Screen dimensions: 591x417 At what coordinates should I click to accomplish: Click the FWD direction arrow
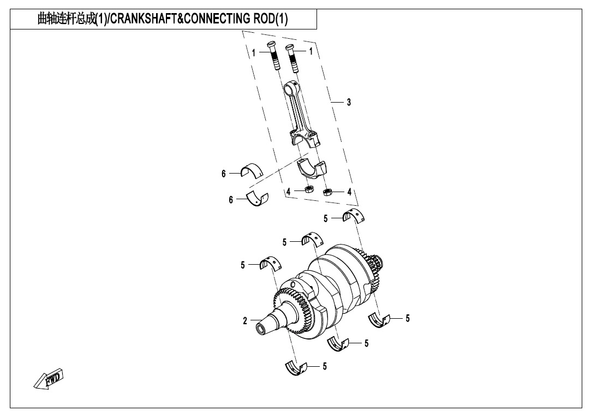click(x=49, y=378)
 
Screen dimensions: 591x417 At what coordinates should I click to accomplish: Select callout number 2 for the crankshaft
click(x=245, y=321)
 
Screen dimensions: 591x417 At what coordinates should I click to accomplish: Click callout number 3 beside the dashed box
click(x=349, y=102)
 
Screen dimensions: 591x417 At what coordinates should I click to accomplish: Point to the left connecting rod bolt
click(x=274, y=56)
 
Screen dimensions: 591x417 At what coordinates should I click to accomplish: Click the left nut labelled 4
click(x=309, y=189)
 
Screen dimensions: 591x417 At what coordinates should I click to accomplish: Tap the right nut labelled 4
click(x=327, y=192)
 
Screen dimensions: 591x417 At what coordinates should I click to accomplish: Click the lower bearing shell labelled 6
click(x=257, y=200)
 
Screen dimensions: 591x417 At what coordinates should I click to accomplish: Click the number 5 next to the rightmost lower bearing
click(x=408, y=319)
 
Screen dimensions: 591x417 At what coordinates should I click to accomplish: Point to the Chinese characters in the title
click(x=67, y=19)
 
